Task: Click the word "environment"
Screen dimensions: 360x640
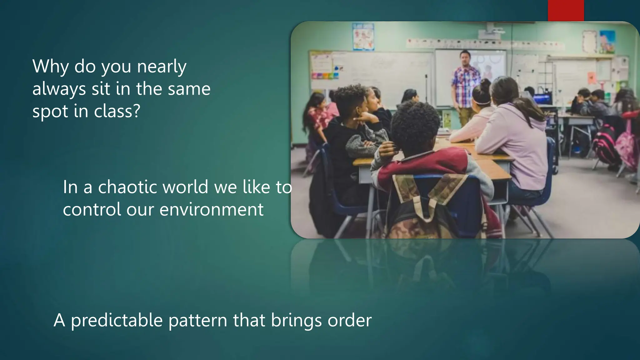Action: tap(212, 209)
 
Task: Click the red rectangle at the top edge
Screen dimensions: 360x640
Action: tap(566, 10)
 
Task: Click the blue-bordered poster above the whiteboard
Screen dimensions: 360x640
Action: tap(363, 37)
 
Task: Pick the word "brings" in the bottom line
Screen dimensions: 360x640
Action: tap(293, 321)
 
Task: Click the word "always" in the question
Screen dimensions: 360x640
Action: tap(59, 89)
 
